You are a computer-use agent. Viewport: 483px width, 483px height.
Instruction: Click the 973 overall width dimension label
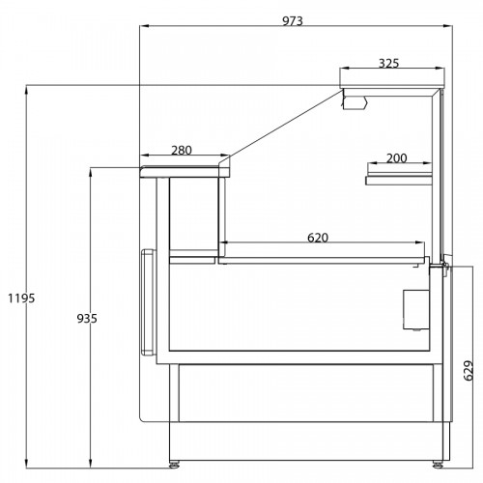pos(293,21)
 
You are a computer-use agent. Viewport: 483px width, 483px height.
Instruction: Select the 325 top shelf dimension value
pos(388,64)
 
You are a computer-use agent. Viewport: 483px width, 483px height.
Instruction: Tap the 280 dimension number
pos(182,151)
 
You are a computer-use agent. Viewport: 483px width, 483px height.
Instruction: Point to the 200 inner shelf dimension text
pos(396,158)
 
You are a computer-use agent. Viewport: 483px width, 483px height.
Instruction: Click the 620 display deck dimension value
pos(318,238)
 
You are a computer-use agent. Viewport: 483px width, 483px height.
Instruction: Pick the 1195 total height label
pos(21,298)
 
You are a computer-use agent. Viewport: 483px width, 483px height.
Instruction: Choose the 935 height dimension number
pos(87,319)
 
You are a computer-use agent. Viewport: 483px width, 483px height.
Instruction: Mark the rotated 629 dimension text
pos(469,370)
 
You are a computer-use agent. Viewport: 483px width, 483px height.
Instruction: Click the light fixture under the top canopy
pos(355,102)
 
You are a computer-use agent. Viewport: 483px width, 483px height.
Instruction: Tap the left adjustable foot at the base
pos(174,465)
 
